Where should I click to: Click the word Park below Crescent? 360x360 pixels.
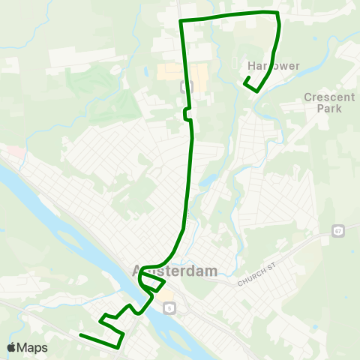pos(328,109)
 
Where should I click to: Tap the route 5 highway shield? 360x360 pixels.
pos(169,307)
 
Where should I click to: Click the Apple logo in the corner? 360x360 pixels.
pos(11,347)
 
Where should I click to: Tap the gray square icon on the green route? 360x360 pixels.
pos(186,85)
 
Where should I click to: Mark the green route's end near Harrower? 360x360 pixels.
pos(246,79)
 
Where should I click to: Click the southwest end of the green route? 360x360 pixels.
pos(80,334)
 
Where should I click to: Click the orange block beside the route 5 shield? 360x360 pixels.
pos(165,297)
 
